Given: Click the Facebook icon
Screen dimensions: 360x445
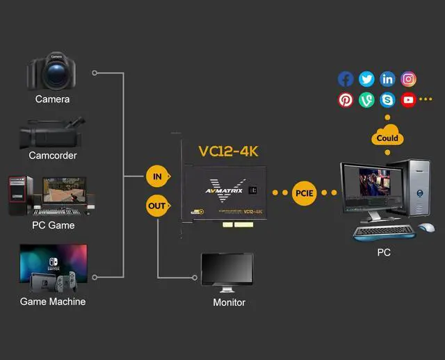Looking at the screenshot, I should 346,79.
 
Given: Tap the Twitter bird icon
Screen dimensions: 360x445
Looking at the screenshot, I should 366,79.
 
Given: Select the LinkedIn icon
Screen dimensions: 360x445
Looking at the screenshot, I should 387,79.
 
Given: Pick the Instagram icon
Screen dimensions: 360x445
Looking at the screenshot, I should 409,79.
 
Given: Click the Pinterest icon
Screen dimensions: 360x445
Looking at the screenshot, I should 346,100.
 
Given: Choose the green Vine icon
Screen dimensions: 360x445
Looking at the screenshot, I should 366,100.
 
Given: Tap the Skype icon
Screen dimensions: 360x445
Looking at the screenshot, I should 387,100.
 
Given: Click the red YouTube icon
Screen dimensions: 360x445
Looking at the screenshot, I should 408,100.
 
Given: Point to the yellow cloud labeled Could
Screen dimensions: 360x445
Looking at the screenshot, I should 387,136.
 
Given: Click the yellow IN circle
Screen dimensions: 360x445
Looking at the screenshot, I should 157,177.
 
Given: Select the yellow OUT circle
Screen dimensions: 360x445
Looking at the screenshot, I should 157,206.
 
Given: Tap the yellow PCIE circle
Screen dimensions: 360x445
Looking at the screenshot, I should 305,193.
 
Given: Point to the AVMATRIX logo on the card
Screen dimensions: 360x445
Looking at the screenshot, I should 224,189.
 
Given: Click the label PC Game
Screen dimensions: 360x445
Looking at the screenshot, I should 53,225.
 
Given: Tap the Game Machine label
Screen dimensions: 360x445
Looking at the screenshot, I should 53,302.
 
